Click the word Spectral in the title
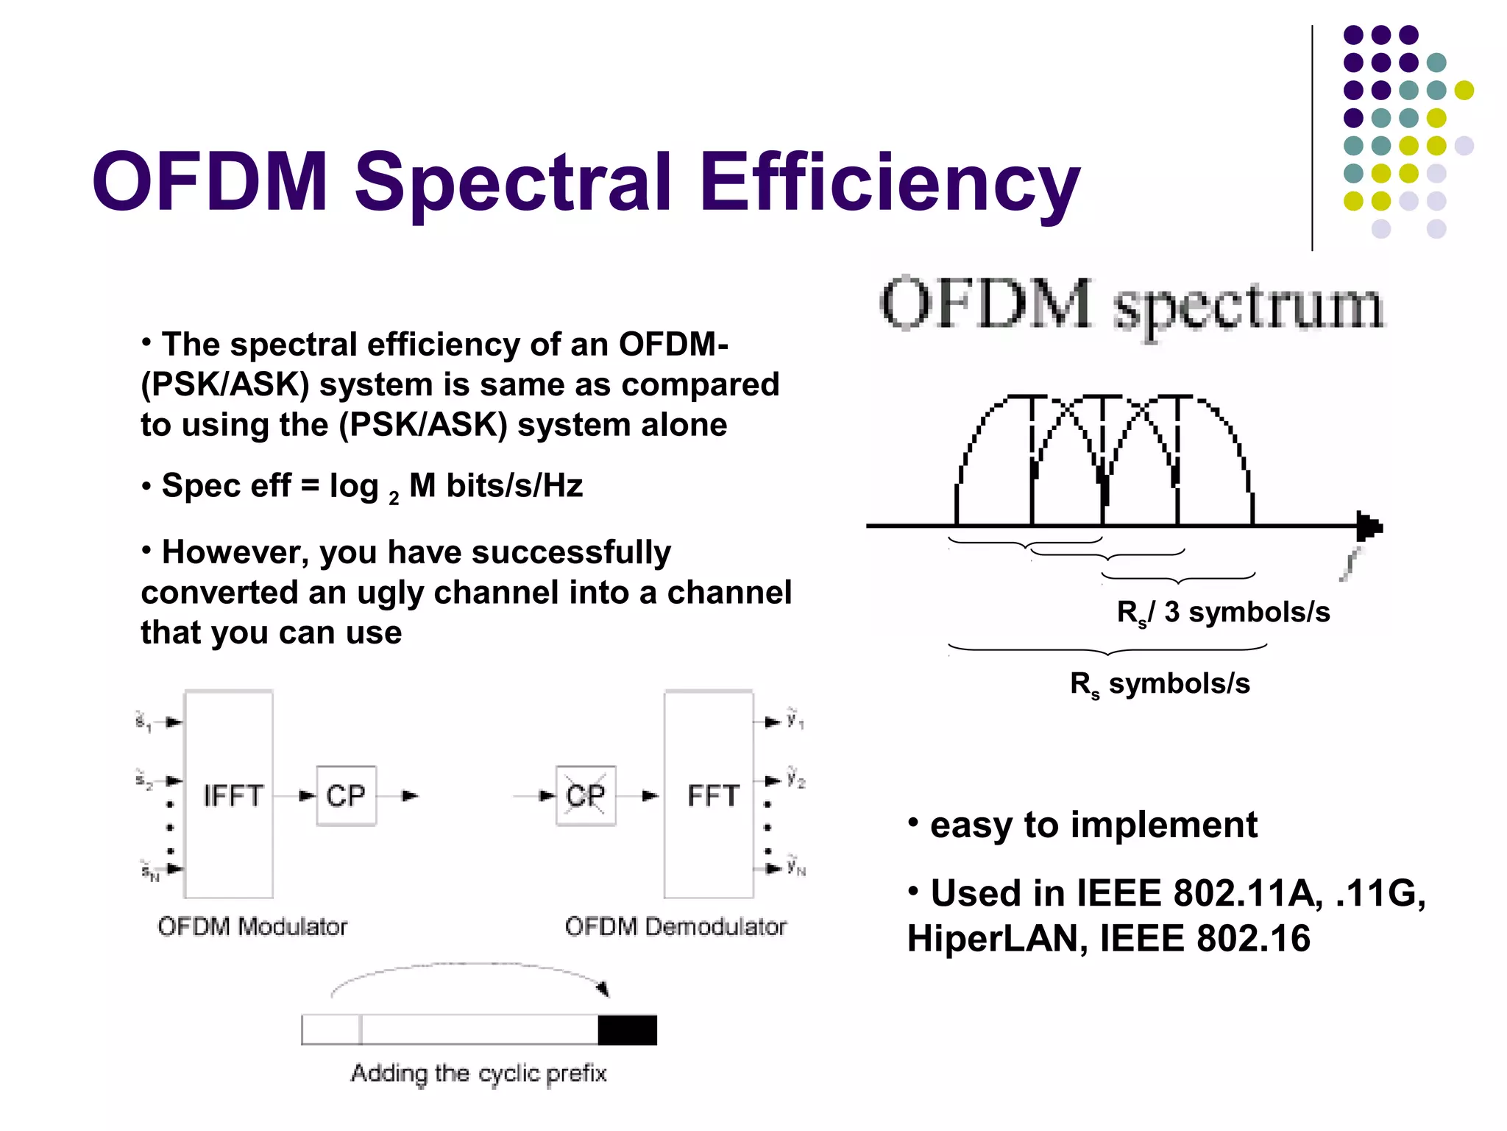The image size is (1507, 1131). click(x=513, y=182)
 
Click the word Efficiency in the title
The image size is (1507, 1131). click(x=889, y=182)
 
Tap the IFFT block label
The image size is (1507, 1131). click(x=233, y=796)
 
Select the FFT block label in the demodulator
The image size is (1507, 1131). click(x=712, y=796)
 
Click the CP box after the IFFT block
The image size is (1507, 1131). click(x=346, y=796)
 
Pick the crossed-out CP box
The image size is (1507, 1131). click(x=586, y=796)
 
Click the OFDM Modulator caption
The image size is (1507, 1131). click(x=252, y=926)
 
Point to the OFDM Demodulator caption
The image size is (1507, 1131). click(x=676, y=926)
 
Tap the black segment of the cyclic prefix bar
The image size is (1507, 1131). click(x=627, y=1030)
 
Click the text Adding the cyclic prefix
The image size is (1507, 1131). click(x=478, y=1074)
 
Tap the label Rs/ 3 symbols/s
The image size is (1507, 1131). click(x=1223, y=613)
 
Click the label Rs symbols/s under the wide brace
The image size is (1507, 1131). click(x=1160, y=684)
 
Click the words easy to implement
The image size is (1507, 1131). click(x=1093, y=825)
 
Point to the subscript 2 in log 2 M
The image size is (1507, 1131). click(x=394, y=498)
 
